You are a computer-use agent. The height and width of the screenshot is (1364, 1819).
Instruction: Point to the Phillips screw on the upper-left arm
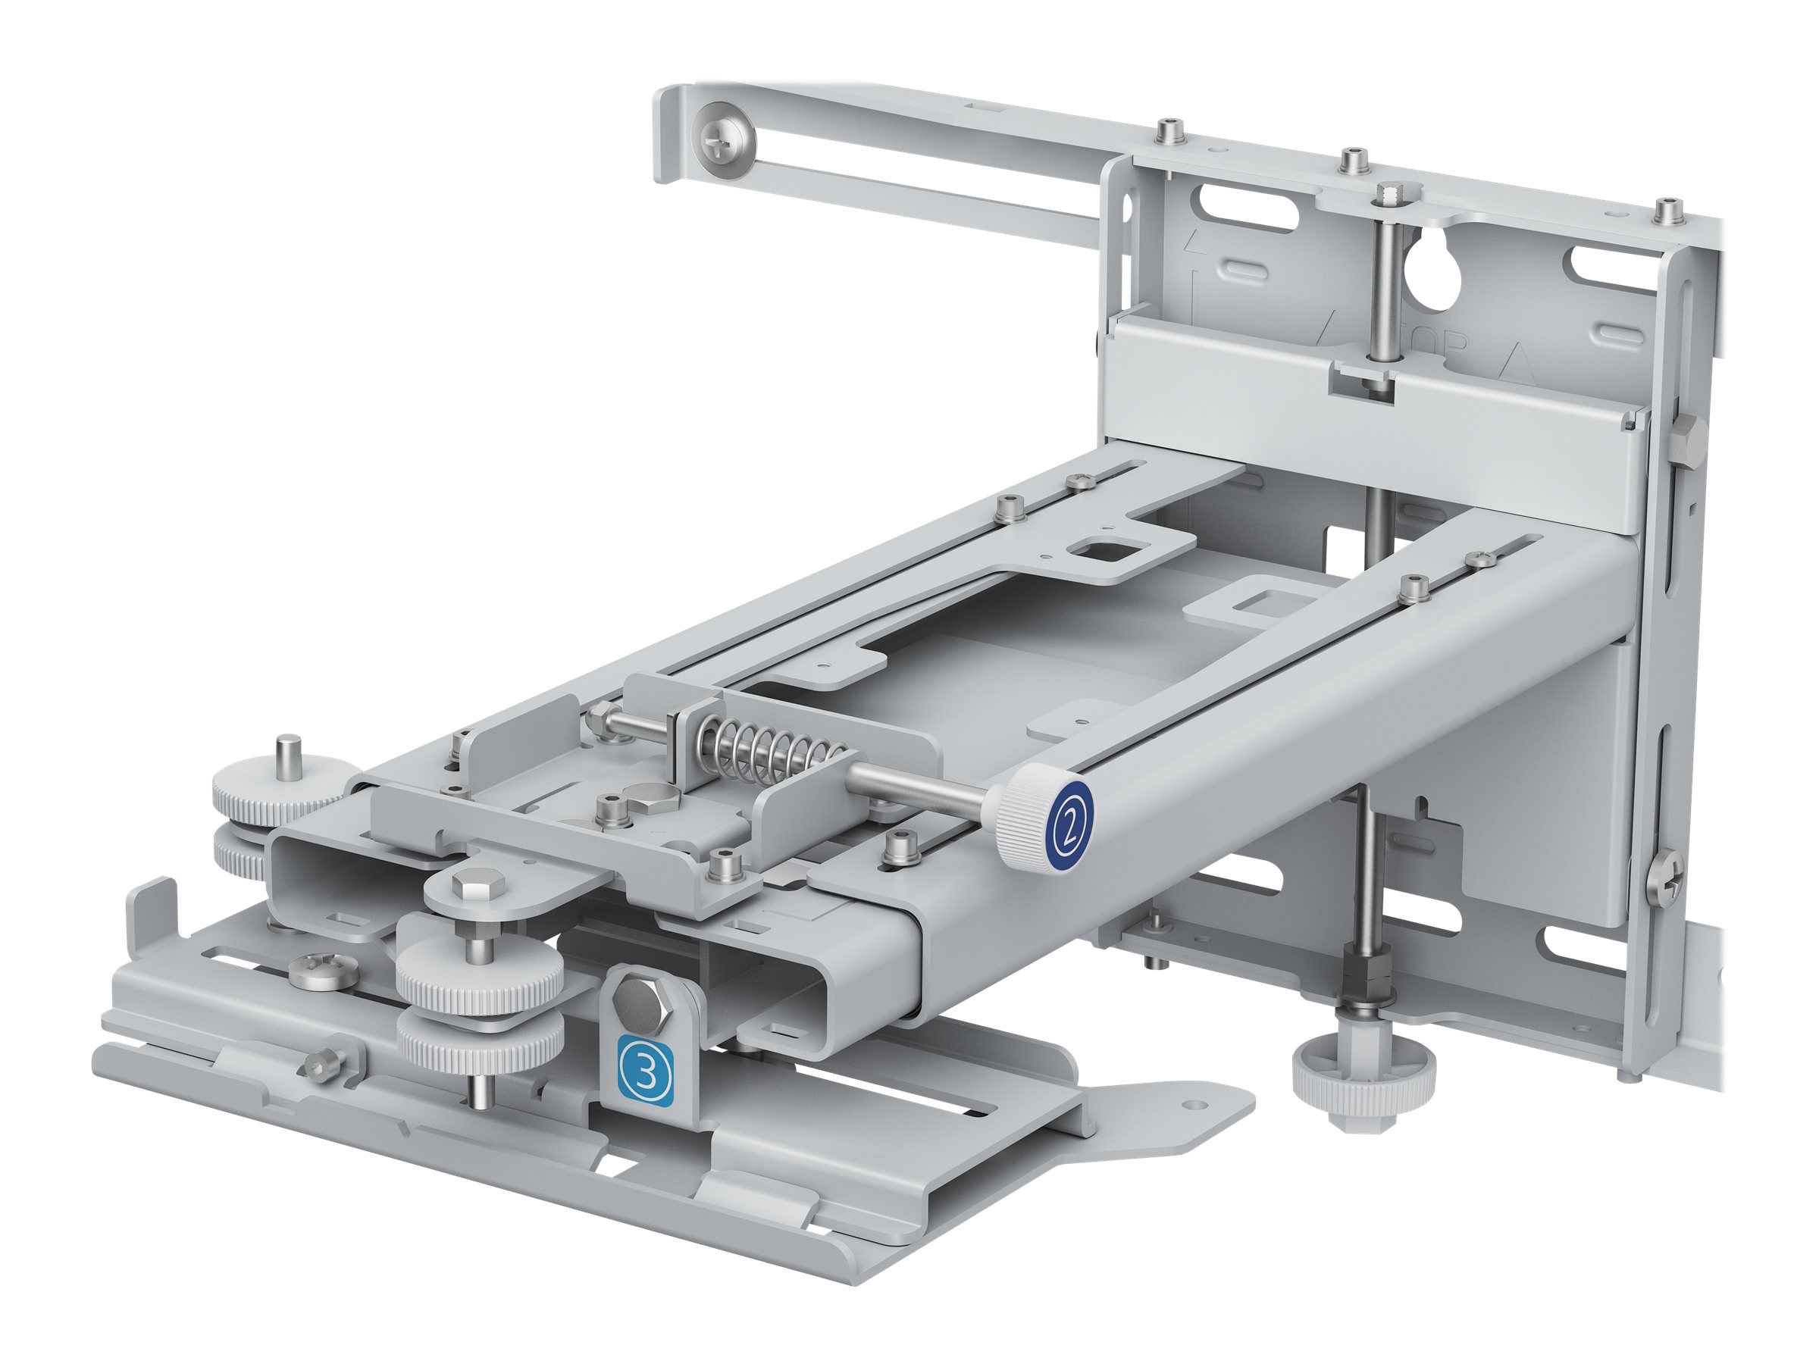(724, 147)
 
